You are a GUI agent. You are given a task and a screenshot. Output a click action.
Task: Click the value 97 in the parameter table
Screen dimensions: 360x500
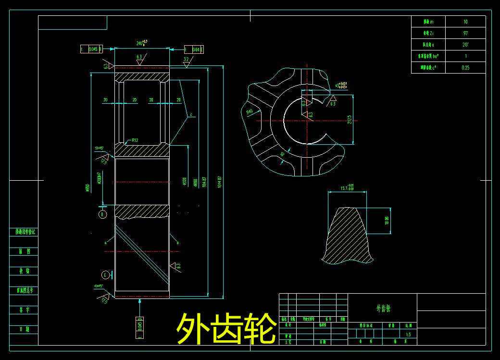(x=465, y=33)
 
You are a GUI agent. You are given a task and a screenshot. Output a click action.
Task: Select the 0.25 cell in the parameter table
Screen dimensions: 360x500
(x=465, y=68)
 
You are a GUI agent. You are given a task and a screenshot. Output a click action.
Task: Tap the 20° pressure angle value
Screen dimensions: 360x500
(x=465, y=45)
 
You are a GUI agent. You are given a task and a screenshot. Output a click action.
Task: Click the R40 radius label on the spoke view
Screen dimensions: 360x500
(x=250, y=112)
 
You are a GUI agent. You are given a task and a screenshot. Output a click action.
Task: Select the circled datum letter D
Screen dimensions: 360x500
(x=102, y=214)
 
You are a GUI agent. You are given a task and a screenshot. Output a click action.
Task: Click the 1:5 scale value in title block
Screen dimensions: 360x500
(x=408, y=334)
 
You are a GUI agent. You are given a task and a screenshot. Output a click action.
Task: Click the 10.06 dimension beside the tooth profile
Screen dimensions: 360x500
(x=386, y=221)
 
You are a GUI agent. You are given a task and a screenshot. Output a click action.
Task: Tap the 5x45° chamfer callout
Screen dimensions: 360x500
(x=100, y=148)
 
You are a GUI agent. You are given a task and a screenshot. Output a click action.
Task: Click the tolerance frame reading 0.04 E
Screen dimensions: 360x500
(x=194, y=49)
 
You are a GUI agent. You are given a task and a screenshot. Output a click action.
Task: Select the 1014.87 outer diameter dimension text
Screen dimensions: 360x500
(x=220, y=183)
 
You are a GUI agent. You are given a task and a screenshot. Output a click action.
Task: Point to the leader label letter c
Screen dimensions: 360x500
(x=191, y=114)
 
